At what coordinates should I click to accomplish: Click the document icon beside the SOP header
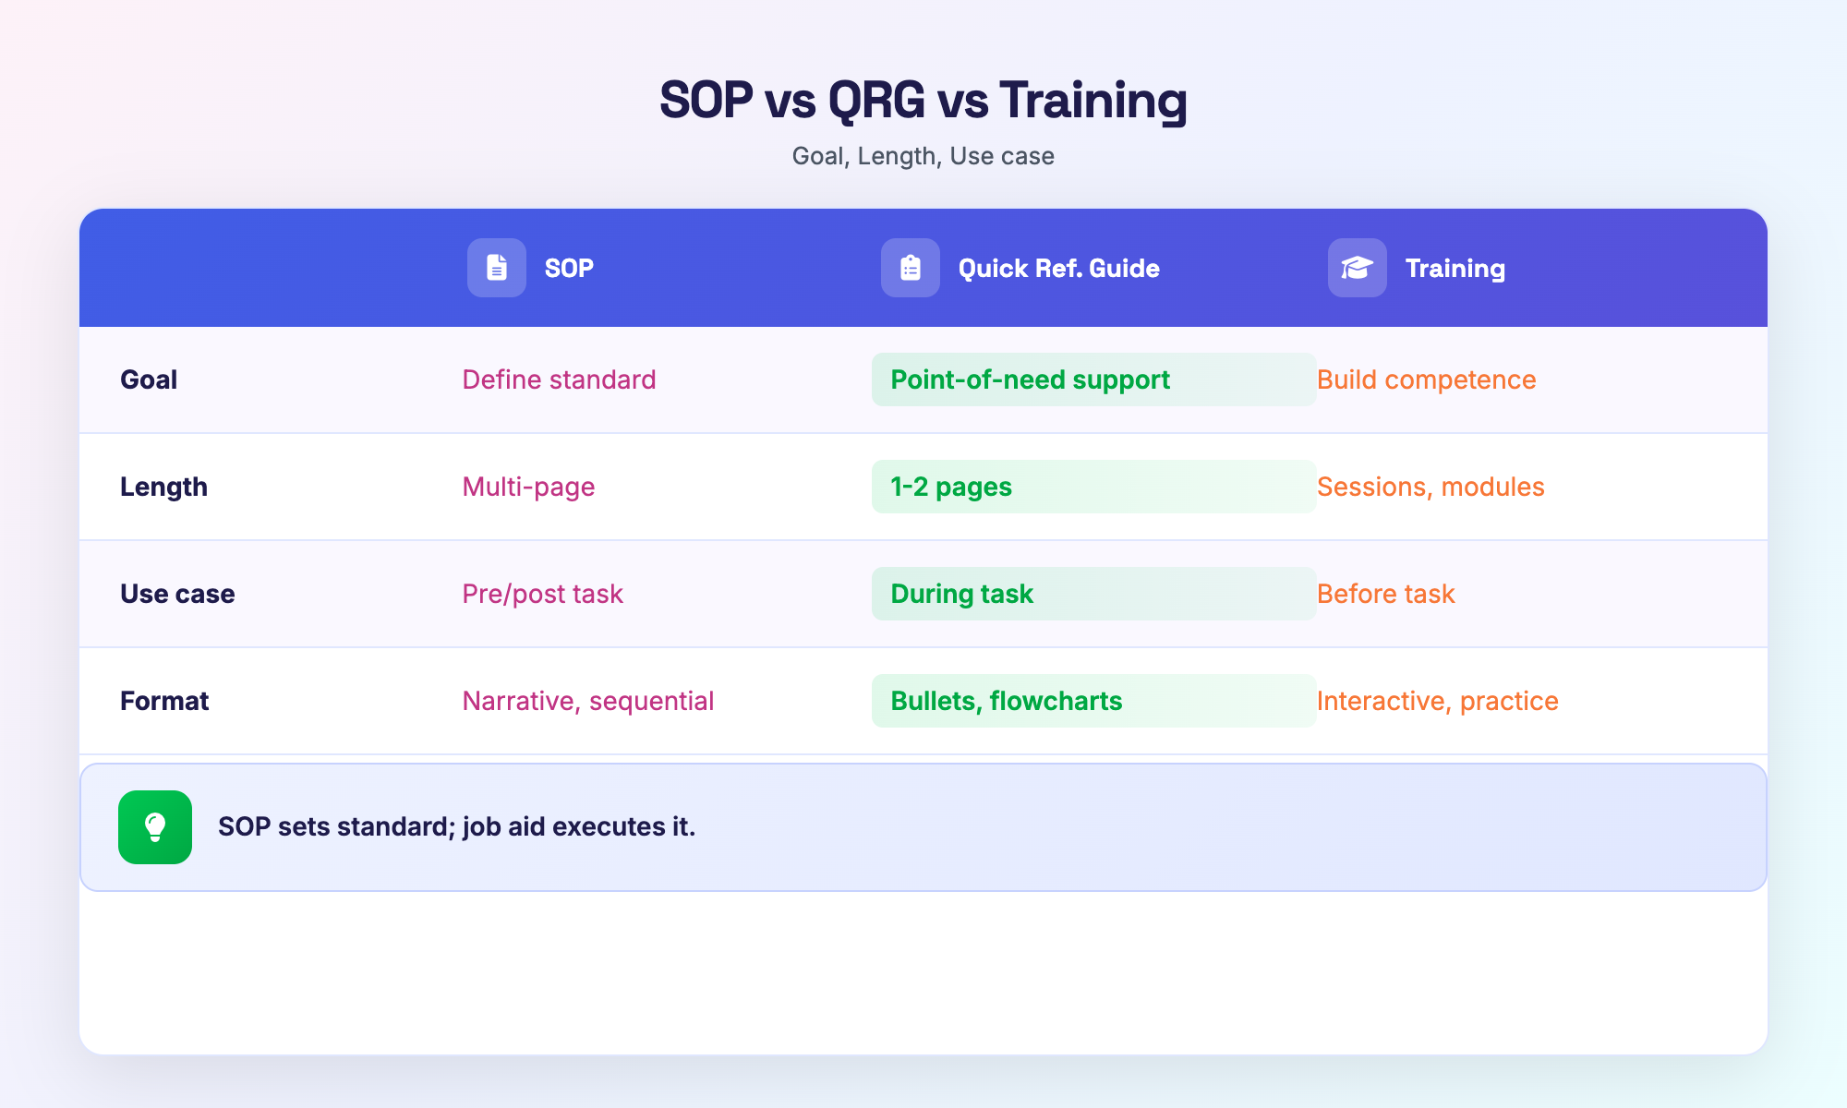[x=497, y=268]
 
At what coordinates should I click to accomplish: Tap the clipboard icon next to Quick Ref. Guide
[x=911, y=268]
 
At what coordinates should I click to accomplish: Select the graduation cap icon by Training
[x=1358, y=268]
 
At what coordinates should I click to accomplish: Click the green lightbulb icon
[x=155, y=827]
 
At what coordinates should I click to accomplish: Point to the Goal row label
[x=149, y=379]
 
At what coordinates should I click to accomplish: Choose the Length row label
[x=163, y=487]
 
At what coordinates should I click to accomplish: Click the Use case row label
[x=177, y=594]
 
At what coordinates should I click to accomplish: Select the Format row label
[x=164, y=701]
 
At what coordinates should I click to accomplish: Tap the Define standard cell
[x=559, y=379]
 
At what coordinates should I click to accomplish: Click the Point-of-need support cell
[x=1030, y=379]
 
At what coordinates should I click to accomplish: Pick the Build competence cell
[x=1426, y=379]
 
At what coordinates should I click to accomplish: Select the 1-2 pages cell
[x=951, y=487]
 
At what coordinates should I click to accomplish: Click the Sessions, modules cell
[x=1431, y=487]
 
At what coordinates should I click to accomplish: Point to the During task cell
[x=961, y=594]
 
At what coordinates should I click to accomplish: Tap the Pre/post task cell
[x=542, y=594]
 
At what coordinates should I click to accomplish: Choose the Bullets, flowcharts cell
[x=1006, y=701]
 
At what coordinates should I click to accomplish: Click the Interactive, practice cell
[x=1437, y=701]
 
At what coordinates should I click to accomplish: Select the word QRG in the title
[x=876, y=100]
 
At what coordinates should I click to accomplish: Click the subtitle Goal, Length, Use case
[x=923, y=156]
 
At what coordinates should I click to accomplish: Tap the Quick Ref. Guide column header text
[x=1058, y=269]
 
